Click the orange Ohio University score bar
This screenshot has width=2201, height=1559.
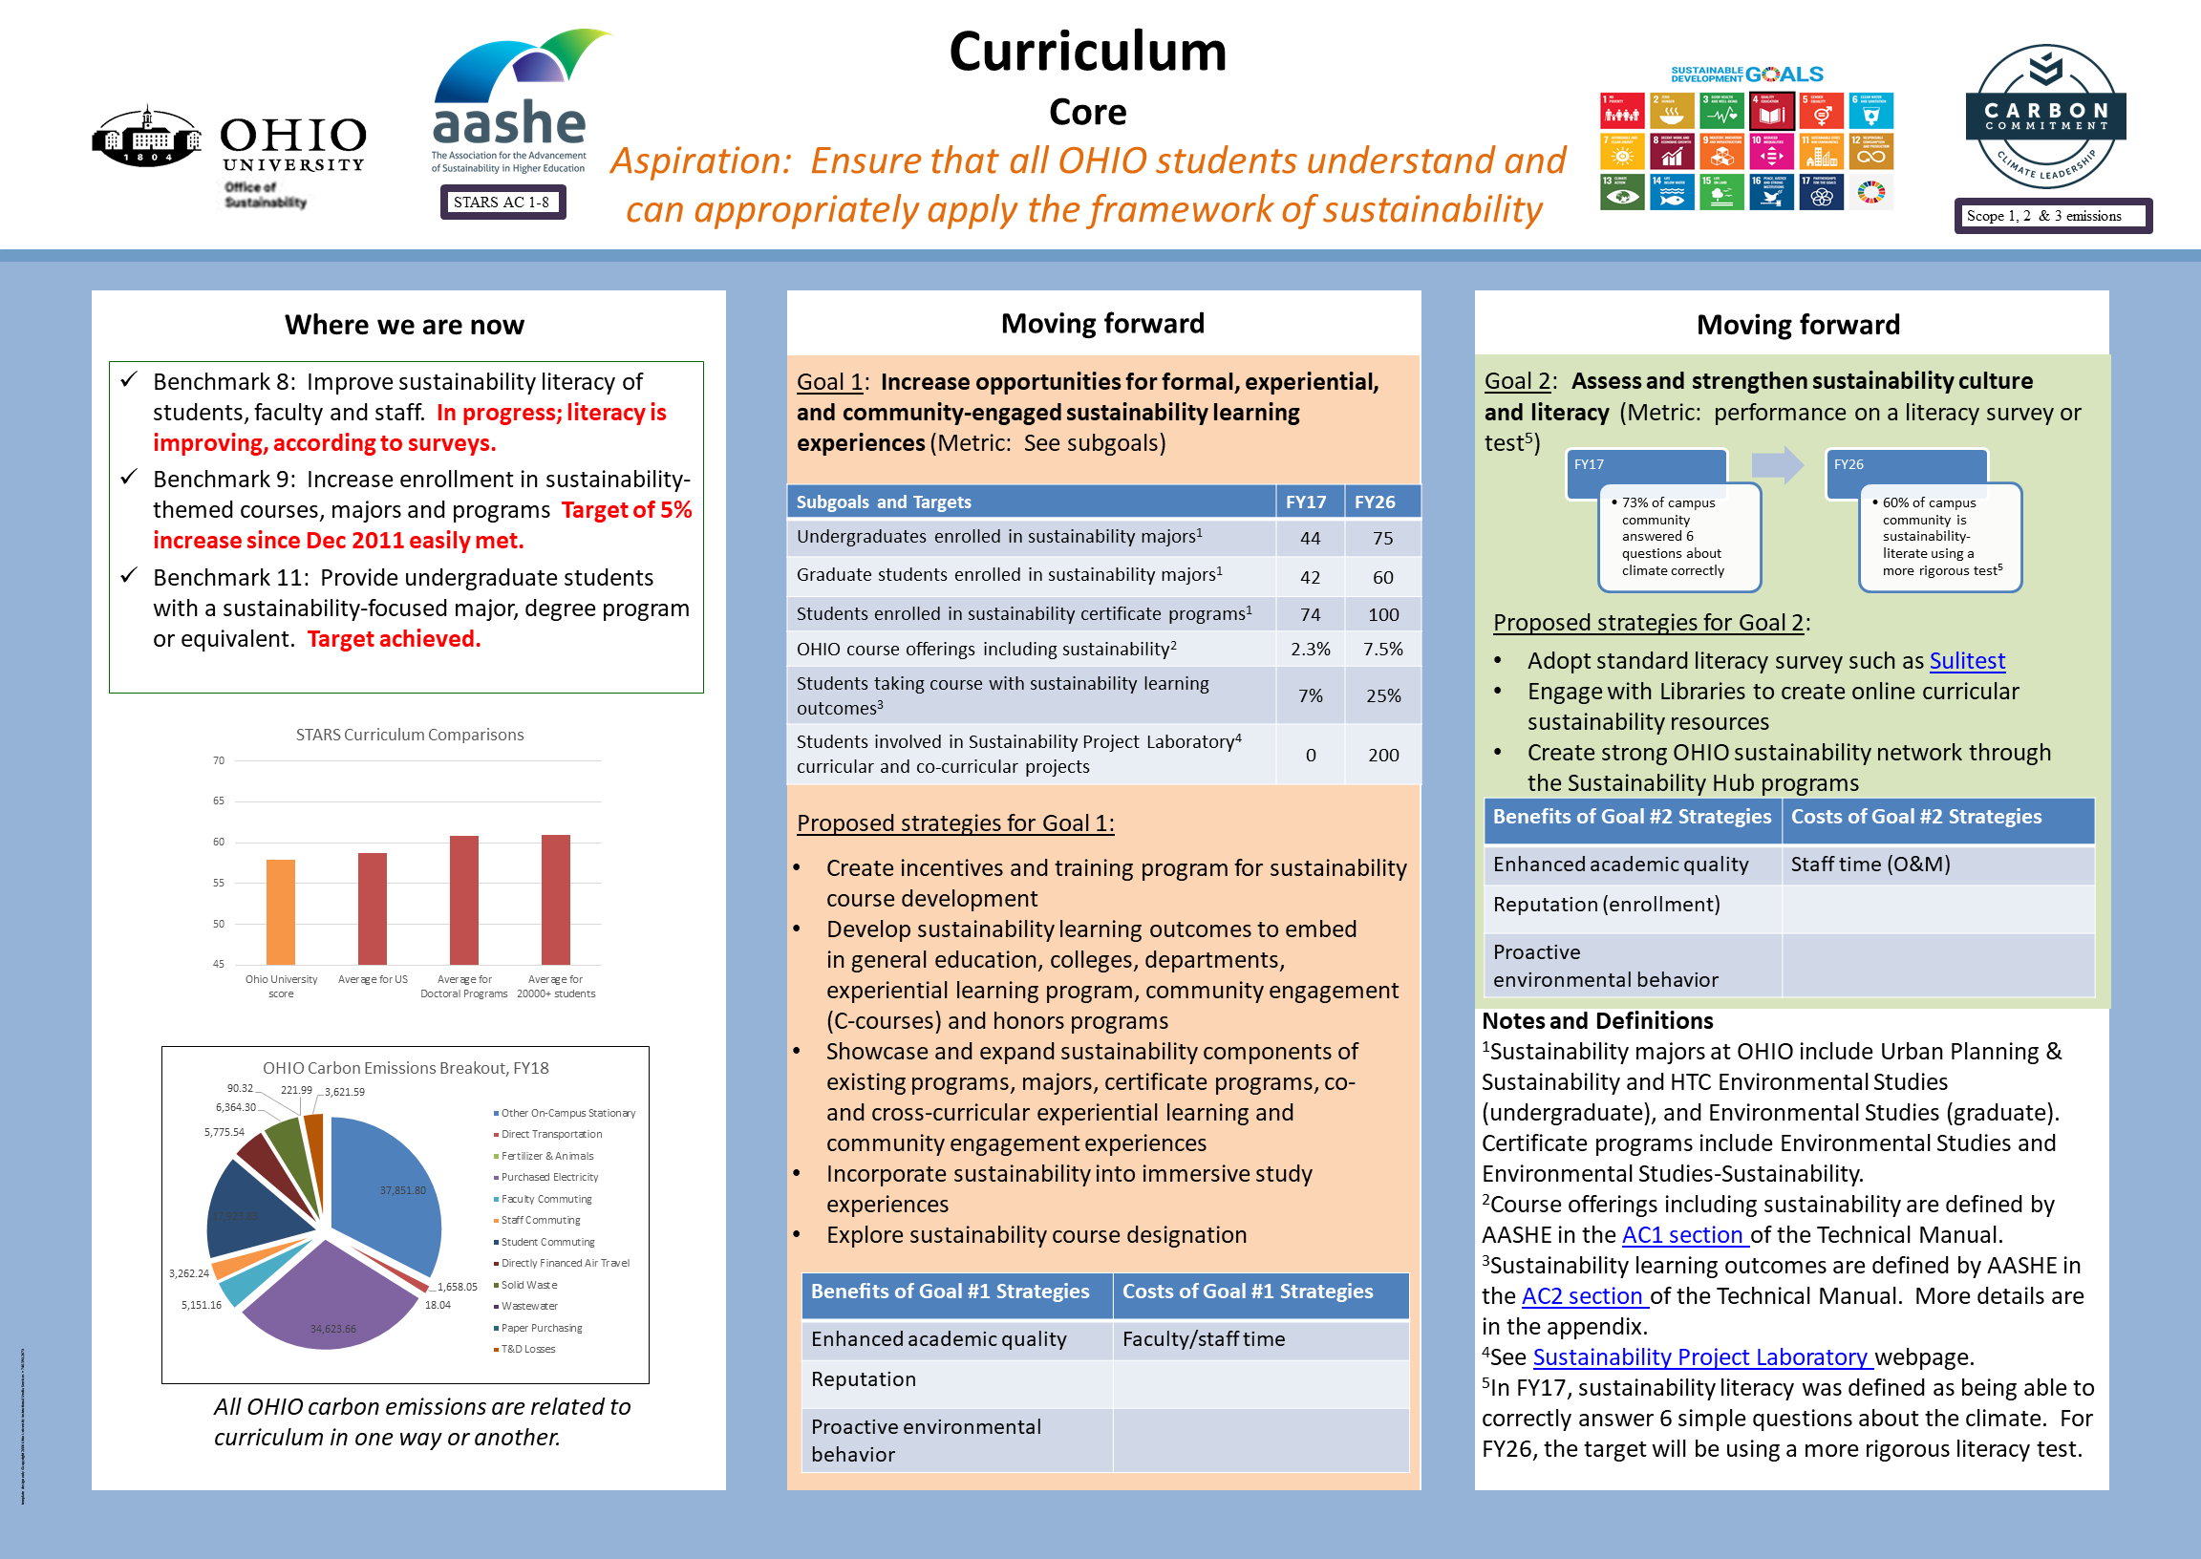tap(280, 911)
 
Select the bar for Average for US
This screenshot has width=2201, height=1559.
tap(373, 908)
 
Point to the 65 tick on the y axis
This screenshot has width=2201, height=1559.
tap(219, 801)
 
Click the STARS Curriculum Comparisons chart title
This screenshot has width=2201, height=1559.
tap(410, 735)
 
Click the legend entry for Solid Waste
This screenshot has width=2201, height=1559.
tap(528, 1285)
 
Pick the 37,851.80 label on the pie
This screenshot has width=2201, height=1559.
tap(402, 1190)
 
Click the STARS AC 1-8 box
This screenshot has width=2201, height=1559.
tap(502, 202)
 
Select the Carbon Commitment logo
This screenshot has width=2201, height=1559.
tap(2044, 117)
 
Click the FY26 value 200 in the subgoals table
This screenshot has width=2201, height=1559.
tap(1382, 756)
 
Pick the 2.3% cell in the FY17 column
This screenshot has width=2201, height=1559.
tap(1311, 650)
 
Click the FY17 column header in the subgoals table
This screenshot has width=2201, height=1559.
tap(1306, 502)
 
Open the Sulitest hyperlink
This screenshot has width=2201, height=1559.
tap(1967, 661)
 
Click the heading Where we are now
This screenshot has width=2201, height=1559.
tap(404, 326)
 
